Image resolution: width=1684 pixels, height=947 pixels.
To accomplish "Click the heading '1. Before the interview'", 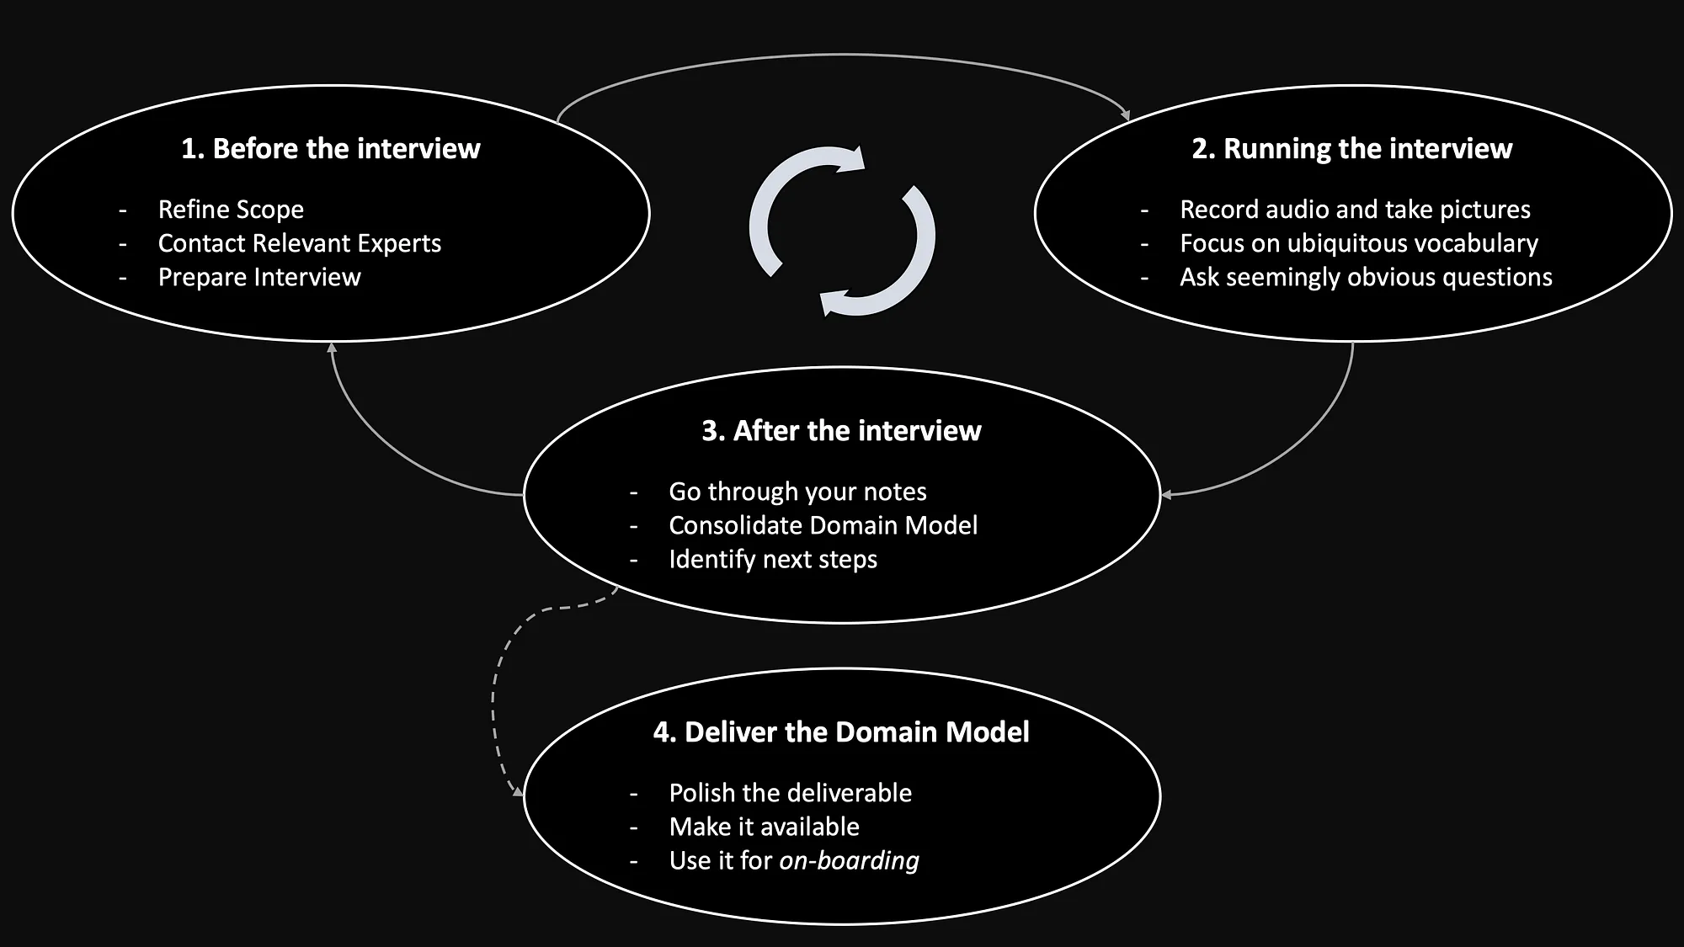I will point(330,148).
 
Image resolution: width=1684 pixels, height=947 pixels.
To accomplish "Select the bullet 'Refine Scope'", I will point(231,209).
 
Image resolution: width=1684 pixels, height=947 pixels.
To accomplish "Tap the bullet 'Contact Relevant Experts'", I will point(299,243).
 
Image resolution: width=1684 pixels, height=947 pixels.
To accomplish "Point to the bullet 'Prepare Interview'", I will point(259,277).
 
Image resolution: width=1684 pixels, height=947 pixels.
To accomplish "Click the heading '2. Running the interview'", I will point(1351,148).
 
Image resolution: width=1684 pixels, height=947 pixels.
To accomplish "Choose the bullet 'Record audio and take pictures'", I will point(1355,209).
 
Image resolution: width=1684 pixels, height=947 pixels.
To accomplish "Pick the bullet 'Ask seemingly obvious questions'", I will point(1366,277).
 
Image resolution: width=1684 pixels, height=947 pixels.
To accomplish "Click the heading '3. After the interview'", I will point(841,430).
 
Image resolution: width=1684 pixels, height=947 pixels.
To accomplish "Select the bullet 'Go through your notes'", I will point(797,491).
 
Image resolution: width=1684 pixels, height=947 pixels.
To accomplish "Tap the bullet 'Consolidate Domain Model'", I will point(823,525).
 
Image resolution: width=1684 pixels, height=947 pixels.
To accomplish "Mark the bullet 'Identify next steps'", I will point(772,559).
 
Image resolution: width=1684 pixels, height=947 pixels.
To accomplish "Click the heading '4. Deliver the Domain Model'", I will point(841,732).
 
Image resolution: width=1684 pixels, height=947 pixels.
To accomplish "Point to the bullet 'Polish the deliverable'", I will point(790,792).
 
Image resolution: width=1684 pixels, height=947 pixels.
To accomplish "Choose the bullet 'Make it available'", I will point(764,827).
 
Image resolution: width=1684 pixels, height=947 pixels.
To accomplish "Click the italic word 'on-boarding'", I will point(849,860).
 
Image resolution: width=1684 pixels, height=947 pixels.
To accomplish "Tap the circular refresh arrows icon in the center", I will point(842,231).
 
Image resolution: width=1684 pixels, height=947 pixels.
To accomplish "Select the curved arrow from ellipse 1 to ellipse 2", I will point(842,56).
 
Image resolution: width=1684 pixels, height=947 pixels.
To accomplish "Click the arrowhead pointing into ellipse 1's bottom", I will point(332,348).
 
